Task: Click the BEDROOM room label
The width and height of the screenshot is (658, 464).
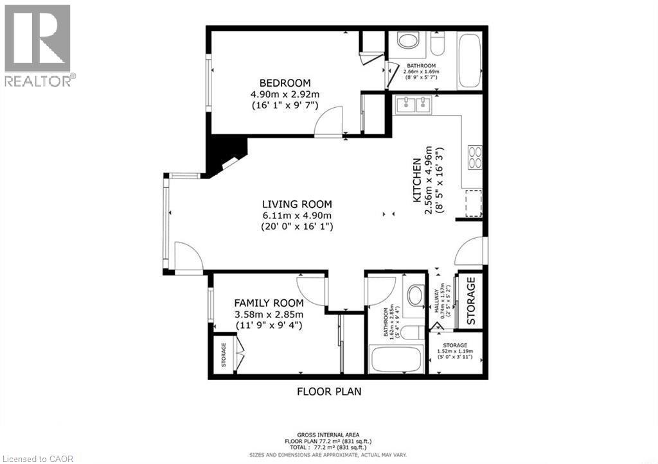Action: coord(285,83)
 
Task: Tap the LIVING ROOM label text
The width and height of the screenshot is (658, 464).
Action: coord(296,204)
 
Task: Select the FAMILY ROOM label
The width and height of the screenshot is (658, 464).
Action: coord(269,303)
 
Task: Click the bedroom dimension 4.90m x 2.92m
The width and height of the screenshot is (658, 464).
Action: coord(285,94)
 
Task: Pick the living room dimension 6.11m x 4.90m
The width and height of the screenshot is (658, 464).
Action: coord(296,215)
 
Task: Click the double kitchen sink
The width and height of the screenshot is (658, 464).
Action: coord(414,104)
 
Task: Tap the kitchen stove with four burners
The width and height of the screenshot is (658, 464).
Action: coord(475,157)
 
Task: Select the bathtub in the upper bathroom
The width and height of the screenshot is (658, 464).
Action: coord(469,61)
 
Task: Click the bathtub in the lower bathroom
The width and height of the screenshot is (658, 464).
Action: coord(396,359)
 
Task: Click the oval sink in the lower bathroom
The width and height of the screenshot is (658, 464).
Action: coord(416,296)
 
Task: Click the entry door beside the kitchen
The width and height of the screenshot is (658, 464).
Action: coord(470,252)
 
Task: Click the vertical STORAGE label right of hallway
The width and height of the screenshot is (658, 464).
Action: coord(471,300)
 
